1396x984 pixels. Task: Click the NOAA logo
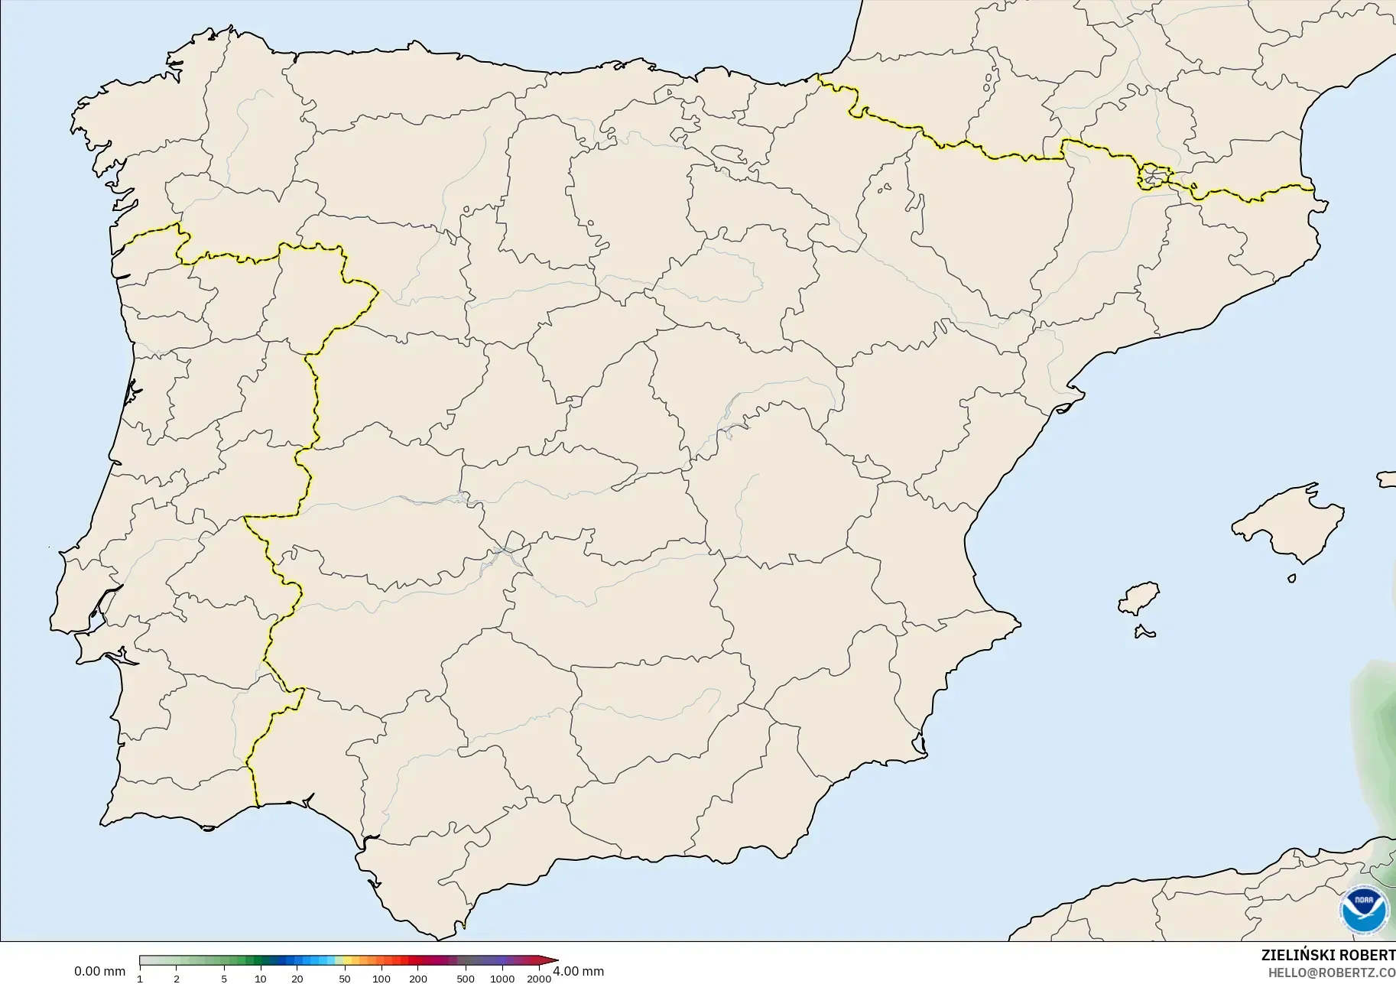click(1364, 910)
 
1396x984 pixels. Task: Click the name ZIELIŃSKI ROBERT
click(1328, 956)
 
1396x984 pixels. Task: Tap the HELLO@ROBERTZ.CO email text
click(1332, 973)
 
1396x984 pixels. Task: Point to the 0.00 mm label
click(99, 972)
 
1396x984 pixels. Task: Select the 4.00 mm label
click(578, 972)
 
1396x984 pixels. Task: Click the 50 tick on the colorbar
click(345, 978)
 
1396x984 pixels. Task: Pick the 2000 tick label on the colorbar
click(540, 978)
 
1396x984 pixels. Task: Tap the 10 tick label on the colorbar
click(261, 978)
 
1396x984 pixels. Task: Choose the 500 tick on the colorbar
click(466, 978)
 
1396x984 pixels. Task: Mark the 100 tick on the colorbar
click(381, 978)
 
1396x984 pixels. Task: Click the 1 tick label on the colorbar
click(140, 978)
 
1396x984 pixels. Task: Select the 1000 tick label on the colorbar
click(502, 978)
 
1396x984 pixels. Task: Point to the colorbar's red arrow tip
click(556, 961)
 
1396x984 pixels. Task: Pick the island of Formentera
click(1144, 632)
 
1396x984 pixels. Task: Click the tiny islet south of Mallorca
click(1292, 579)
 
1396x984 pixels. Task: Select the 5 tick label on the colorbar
click(224, 978)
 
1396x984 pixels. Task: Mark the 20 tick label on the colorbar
click(297, 978)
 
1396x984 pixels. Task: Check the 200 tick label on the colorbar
click(418, 978)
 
